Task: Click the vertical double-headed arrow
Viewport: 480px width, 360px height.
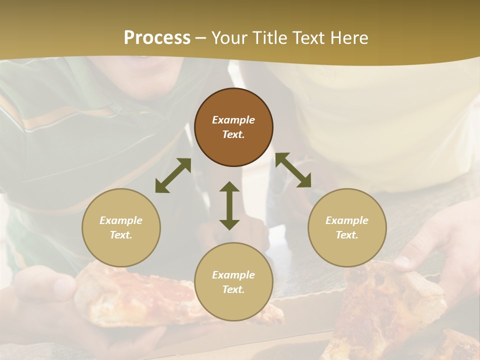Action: click(x=229, y=205)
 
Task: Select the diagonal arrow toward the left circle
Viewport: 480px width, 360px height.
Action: click(x=173, y=175)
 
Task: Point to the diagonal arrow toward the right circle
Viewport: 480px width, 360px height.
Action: click(x=293, y=170)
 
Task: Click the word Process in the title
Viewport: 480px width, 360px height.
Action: click(x=157, y=37)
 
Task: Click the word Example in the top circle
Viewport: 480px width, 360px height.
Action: click(x=233, y=120)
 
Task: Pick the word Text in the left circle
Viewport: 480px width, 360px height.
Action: click(x=121, y=235)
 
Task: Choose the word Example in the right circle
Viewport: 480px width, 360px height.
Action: click(x=347, y=220)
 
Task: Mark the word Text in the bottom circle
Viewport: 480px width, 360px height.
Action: click(x=233, y=289)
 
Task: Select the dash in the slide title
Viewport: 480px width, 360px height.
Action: click(x=201, y=38)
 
